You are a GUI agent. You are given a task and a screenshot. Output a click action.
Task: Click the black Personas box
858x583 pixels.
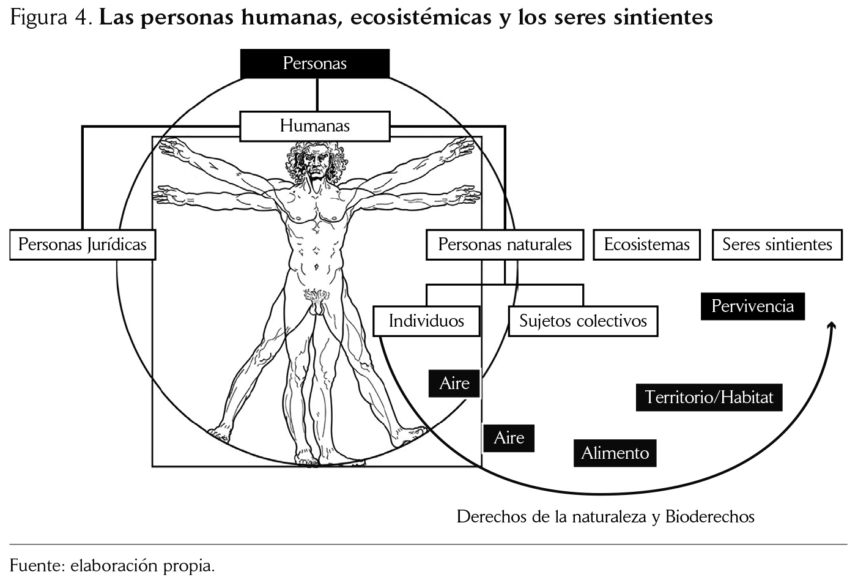(314, 64)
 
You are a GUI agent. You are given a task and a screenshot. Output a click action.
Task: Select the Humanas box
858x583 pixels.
(314, 126)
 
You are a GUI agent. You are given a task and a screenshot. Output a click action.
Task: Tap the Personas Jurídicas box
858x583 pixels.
(83, 245)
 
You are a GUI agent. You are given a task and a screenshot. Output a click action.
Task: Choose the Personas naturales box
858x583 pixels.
(505, 245)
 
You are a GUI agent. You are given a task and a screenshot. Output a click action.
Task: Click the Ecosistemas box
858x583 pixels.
(646, 245)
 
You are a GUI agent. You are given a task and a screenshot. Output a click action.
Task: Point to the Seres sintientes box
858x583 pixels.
(777, 245)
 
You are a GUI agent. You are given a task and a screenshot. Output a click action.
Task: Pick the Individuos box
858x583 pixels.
(426, 321)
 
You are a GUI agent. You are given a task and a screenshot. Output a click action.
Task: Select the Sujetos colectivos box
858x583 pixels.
(583, 321)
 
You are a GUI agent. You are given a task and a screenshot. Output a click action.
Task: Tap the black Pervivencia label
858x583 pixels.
(752, 306)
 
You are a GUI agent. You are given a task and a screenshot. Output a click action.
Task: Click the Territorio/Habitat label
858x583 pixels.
(709, 398)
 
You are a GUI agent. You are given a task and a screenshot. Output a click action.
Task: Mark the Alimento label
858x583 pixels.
(615, 453)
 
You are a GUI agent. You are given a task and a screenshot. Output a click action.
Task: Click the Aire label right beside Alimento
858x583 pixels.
(509, 438)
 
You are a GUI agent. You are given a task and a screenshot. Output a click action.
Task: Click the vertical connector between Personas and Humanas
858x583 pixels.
(317, 95)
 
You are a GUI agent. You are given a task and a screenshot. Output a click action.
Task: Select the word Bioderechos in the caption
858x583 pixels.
(709, 517)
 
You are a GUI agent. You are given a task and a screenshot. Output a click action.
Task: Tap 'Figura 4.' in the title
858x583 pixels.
(51, 18)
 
